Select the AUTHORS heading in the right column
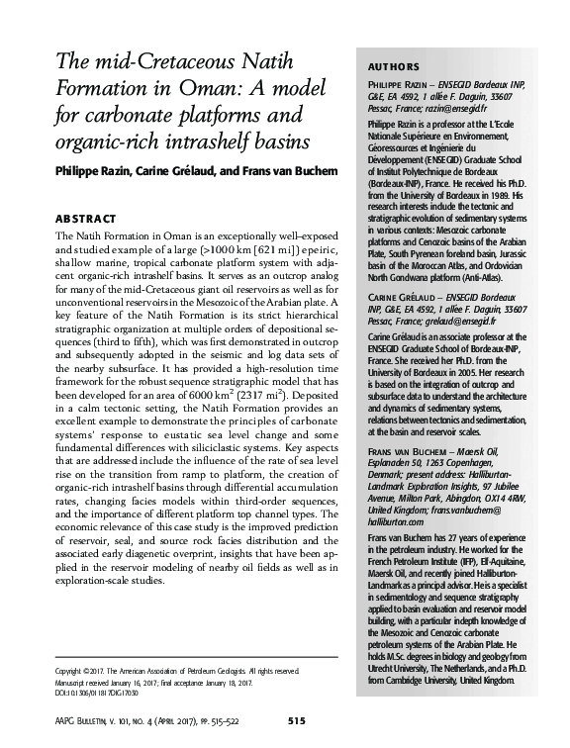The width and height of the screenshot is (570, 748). point(381,66)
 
